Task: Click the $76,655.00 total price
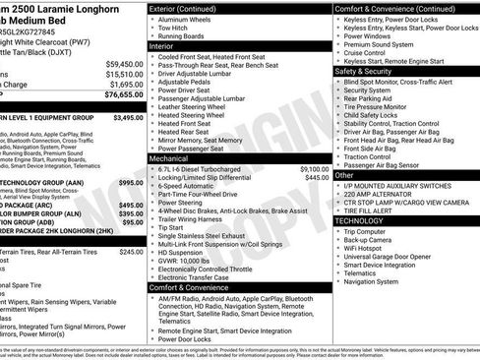click(119, 95)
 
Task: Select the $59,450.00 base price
click(121, 62)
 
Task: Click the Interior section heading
click(168, 45)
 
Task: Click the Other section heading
click(347, 174)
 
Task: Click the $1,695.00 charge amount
click(121, 85)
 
